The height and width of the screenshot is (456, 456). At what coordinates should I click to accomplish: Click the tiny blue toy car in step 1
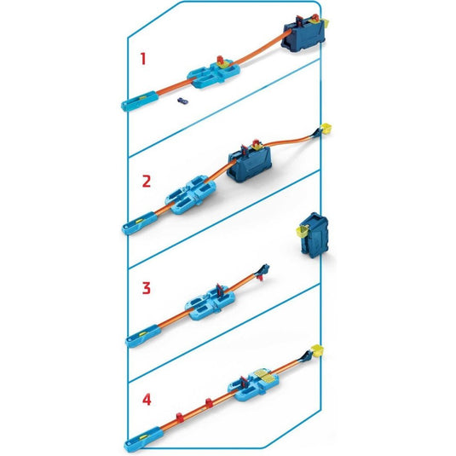point(182,101)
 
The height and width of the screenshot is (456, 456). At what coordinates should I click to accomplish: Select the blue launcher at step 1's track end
point(136,102)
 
